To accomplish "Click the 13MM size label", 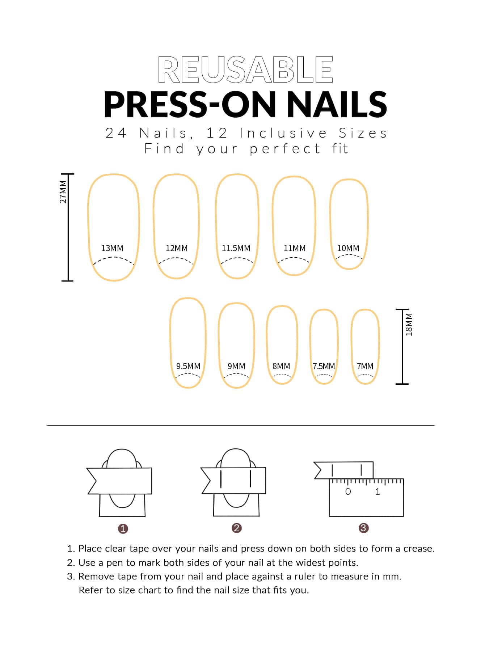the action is coord(112,248).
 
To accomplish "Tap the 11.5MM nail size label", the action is coord(236,248).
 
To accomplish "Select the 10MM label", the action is coord(348,248).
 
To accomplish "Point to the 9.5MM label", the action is coord(188,366).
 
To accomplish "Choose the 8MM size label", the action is coord(281,366).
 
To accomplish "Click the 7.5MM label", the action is coord(324,366).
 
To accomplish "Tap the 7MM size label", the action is coord(365,366).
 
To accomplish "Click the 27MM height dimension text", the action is coord(63,192).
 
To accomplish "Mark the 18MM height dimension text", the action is coord(409,325).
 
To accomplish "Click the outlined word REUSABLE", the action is coord(245,69).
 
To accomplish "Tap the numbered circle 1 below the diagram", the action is coord(123,529).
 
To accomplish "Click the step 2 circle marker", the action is coord(236,528).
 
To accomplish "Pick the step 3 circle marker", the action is coord(363,528).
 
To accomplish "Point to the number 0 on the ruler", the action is coord(348,491).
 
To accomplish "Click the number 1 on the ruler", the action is coord(378,491).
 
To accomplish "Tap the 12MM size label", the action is coord(177,248).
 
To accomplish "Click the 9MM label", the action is coord(236,366).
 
